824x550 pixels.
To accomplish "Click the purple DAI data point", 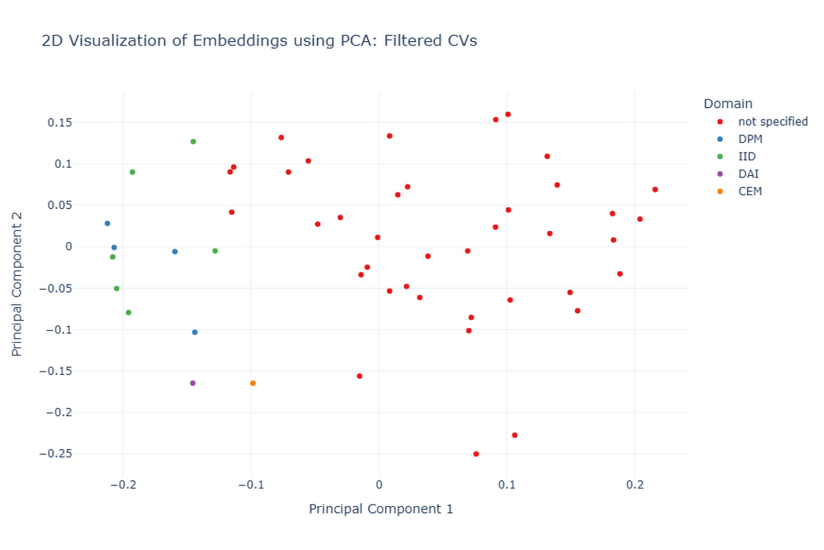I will [193, 383].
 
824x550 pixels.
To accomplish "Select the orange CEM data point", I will [253, 383].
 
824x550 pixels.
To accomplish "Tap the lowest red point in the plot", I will [476, 454].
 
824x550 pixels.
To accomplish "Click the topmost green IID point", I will [193, 142].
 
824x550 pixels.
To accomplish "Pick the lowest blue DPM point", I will [195, 332].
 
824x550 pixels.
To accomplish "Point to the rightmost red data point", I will [655, 190].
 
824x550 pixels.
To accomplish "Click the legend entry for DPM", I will [750, 139].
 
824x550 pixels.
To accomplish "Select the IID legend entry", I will [747, 157].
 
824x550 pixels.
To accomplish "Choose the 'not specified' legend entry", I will [772, 122].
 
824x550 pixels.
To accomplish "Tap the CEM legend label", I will [750, 191].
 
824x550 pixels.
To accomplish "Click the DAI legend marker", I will [720, 174].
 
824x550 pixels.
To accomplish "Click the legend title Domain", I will [728, 104].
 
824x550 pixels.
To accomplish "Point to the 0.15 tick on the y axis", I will [60, 123].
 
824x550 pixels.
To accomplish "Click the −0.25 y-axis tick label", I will [56, 454].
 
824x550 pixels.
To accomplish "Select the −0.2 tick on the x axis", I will [123, 485].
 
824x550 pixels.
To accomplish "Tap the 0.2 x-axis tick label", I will [635, 485].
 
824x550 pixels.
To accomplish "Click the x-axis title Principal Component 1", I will [381, 509].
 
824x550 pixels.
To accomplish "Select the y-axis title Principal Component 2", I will [16, 283].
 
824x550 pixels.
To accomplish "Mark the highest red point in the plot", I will [508, 114].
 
